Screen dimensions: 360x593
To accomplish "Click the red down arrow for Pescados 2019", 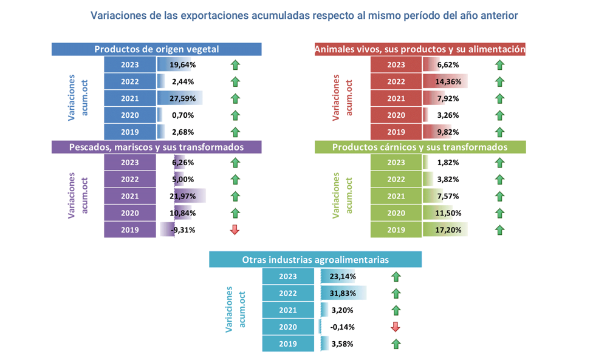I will coord(235,229).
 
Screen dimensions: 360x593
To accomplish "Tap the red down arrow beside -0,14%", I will coord(396,327).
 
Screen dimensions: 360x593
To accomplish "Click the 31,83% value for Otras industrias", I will coord(343,293).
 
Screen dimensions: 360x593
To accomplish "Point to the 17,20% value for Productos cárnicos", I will coord(448,230).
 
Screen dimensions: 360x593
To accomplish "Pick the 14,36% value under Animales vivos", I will coord(448,81).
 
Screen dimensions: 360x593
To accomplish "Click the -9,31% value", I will coord(182,230).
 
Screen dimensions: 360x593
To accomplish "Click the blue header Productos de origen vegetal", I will coord(156,49).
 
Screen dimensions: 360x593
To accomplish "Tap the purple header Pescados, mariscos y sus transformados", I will coord(156,147).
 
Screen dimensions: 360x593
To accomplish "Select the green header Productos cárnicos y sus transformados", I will coord(419,147).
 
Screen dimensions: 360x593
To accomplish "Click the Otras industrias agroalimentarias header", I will coord(315,259).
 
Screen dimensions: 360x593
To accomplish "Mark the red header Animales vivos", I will coord(419,49).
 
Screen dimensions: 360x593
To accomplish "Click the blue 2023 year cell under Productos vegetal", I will coord(130,65).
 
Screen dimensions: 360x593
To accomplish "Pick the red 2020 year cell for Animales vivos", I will coord(396,115).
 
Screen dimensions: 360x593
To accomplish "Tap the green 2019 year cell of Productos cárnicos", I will coord(396,230).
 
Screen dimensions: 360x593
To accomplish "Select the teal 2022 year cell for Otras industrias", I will coord(288,293).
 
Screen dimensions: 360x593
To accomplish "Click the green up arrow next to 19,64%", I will coord(235,65).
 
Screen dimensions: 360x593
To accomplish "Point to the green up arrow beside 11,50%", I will coord(499,213).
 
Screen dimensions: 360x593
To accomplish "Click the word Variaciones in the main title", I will coord(118,15).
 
